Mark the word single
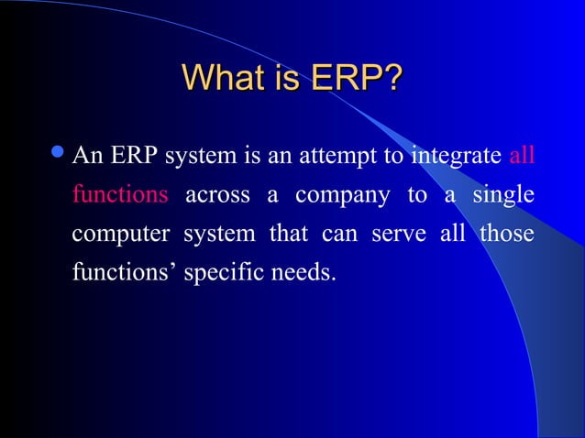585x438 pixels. (504, 196)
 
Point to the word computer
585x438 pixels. (120, 235)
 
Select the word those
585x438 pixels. (506, 233)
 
